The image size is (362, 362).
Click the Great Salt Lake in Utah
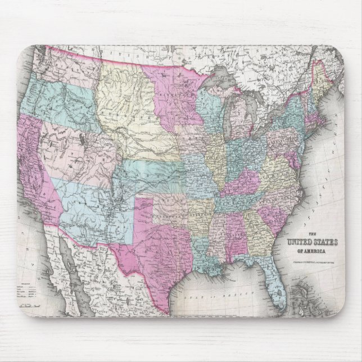click(x=83, y=137)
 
